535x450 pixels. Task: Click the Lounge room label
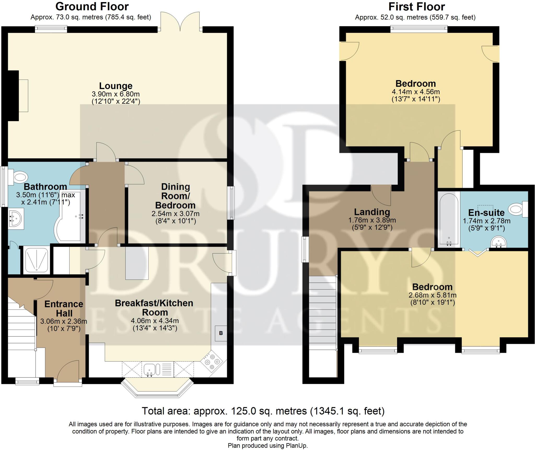[116, 86]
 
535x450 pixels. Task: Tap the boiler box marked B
[221, 333]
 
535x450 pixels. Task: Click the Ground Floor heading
[92, 7]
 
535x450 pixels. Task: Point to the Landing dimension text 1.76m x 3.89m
[372, 220]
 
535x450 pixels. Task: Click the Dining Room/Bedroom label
[175, 196]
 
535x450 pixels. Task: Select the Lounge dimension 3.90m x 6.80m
[116, 94]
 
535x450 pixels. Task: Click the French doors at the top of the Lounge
[181, 22]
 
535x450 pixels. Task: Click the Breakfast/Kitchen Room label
[154, 308]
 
